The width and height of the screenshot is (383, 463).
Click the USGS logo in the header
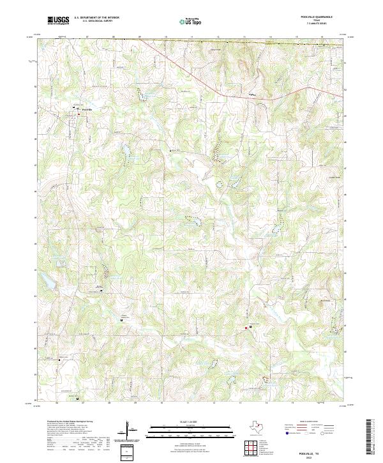(58, 20)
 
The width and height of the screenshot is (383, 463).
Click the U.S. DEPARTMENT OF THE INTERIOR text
(96, 18)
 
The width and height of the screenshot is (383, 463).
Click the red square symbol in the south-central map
(244, 328)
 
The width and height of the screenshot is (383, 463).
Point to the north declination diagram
(130, 431)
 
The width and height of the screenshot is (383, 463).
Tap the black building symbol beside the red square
(251, 326)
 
